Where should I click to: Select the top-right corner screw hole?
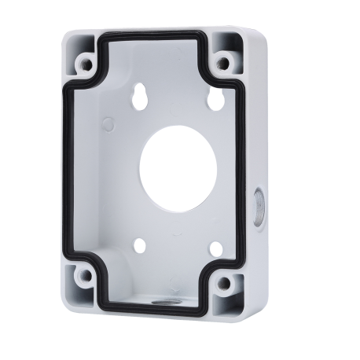(224, 61)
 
